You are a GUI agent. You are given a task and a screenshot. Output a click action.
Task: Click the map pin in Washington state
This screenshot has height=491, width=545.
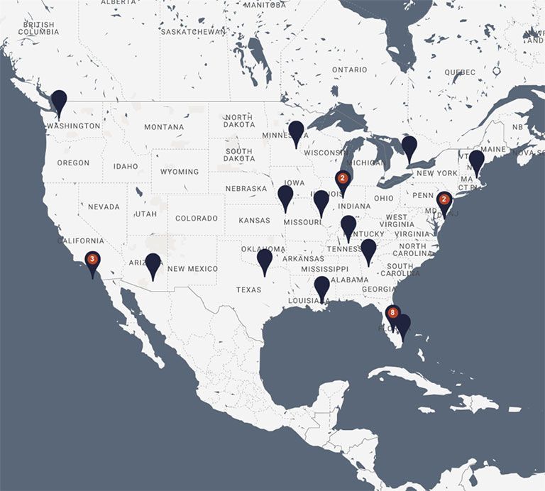coord(59,101)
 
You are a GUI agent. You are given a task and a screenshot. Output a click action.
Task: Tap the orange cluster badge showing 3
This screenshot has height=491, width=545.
coord(92,259)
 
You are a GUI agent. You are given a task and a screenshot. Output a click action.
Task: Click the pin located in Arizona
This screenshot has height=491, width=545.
coord(153,264)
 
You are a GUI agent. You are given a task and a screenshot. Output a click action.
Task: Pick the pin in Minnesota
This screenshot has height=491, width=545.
coord(296,132)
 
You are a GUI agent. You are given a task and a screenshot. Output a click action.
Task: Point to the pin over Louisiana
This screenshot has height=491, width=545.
coord(322,287)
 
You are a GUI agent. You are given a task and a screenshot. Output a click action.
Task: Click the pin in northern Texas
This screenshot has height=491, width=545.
coord(265,260)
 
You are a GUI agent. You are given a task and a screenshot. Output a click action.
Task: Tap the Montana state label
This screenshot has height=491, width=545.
coord(164,128)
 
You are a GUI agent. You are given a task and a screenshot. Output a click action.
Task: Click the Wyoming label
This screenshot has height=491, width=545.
coord(180,172)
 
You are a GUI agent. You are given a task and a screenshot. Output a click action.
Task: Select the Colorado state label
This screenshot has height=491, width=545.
coord(197,219)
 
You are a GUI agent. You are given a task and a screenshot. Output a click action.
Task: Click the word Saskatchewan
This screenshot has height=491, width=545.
coord(193,32)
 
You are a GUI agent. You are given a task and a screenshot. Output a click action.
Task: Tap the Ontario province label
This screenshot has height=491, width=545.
coord(350,70)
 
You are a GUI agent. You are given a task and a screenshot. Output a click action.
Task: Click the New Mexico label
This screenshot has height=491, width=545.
coord(192,269)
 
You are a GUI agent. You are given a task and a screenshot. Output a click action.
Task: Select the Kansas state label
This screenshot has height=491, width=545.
coord(254,221)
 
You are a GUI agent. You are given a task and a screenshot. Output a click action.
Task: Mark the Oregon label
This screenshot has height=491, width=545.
coord(74,163)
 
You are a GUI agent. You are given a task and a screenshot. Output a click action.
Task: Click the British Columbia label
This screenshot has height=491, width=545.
coord(39,28)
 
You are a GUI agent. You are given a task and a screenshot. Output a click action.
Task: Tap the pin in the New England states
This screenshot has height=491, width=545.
coord(477,160)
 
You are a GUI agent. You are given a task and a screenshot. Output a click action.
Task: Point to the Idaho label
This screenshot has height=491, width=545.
coord(126,167)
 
